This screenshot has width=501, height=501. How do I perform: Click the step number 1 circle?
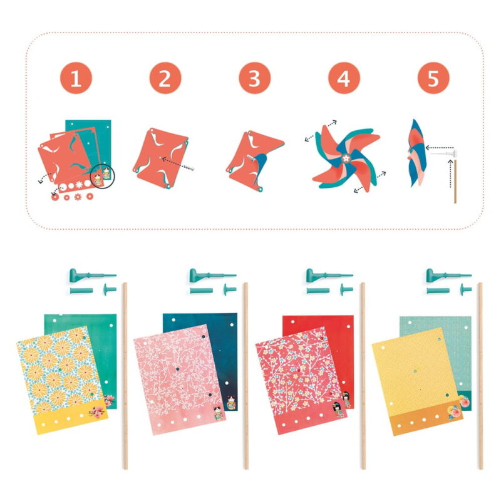[x=76, y=78]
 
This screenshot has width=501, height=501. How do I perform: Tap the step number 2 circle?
[x=165, y=78]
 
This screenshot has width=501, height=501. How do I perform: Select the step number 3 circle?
[x=255, y=78]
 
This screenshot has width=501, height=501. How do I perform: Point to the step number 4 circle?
[x=344, y=78]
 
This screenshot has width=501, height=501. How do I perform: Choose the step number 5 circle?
[x=433, y=78]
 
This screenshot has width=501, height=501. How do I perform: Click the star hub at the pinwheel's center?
[x=346, y=158]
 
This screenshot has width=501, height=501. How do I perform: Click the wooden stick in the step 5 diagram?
[x=455, y=181]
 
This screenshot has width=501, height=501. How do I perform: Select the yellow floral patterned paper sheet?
[x=62, y=380]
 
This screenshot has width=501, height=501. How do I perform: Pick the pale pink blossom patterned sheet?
[x=179, y=380]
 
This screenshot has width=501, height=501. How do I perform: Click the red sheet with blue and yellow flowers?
[x=301, y=380]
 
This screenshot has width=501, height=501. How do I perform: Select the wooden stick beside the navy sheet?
[x=246, y=376]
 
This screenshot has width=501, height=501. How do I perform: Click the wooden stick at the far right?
[x=480, y=376]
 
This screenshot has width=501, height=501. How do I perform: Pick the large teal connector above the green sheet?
[x=92, y=275]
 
